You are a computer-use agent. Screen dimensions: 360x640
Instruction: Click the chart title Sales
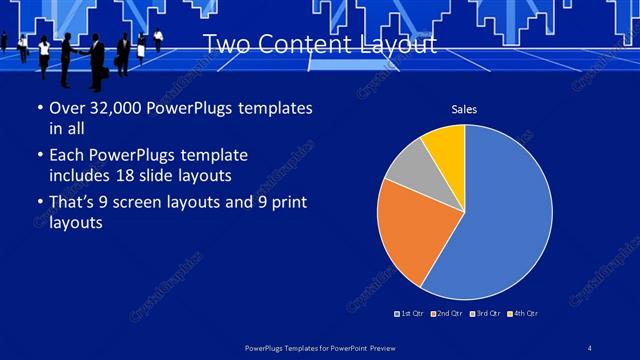pos(464,109)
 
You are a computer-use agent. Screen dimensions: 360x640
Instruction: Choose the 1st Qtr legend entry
pos(409,314)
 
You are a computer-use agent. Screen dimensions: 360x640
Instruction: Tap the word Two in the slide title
pos(225,44)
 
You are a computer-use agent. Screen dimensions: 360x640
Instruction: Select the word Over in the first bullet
pos(66,108)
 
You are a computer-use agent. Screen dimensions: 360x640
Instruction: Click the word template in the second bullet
pos(209,156)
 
